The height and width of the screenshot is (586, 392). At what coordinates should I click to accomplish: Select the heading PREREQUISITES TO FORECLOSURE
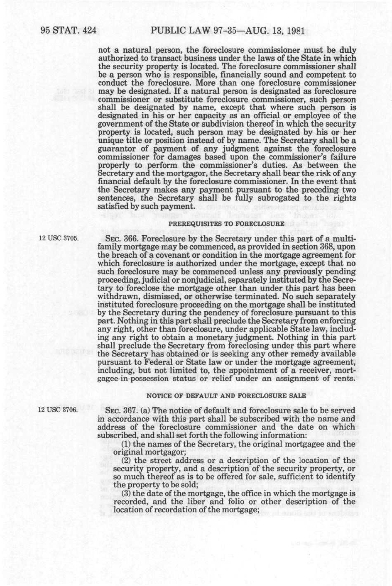226,224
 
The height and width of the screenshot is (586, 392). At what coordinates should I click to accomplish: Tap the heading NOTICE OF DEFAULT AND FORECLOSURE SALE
226,395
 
